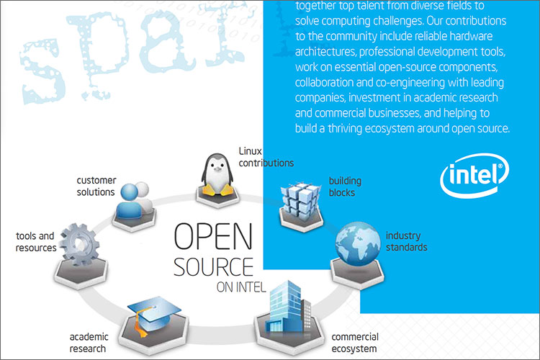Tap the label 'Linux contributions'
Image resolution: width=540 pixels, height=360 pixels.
click(x=266, y=157)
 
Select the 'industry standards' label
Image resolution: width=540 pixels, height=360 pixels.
click(x=406, y=241)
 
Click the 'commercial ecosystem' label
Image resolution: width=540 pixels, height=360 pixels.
click(x=354, y=343)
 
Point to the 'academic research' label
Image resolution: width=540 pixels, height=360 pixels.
click(x=88, y=343)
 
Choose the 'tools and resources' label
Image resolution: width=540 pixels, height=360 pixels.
click(x=36, y=241)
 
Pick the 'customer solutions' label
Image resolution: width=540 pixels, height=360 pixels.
click(x=96, y=186)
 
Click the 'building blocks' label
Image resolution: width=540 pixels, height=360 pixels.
click(x=345, y=186)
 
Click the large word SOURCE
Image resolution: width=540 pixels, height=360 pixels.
click(x=213, y=266)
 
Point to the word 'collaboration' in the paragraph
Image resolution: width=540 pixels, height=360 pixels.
click(x=321, y=82)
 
